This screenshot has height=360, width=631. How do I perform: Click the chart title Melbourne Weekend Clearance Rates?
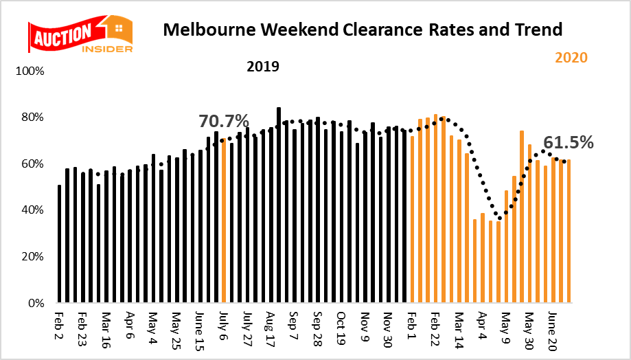click(x=361, y=30)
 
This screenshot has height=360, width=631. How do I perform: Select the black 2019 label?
click(x=262, y=67)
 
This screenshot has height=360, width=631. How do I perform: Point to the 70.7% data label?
click(x=223, y=122)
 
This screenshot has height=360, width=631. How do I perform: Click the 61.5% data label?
click(x=568, y=142)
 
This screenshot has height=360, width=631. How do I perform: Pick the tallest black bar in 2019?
click(x=278, y=205)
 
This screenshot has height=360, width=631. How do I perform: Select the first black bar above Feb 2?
click(x=60, y=244)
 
